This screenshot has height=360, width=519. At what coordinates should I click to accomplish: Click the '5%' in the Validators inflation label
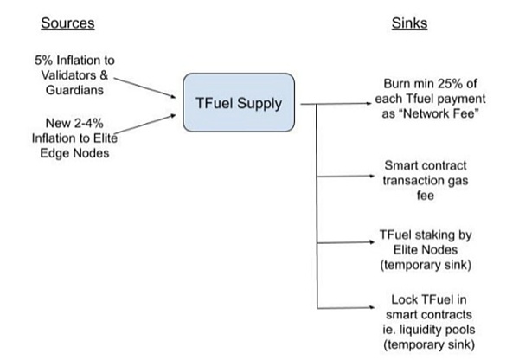point(42,60)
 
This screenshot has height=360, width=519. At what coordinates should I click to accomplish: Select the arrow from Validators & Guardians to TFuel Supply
point(147,84)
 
